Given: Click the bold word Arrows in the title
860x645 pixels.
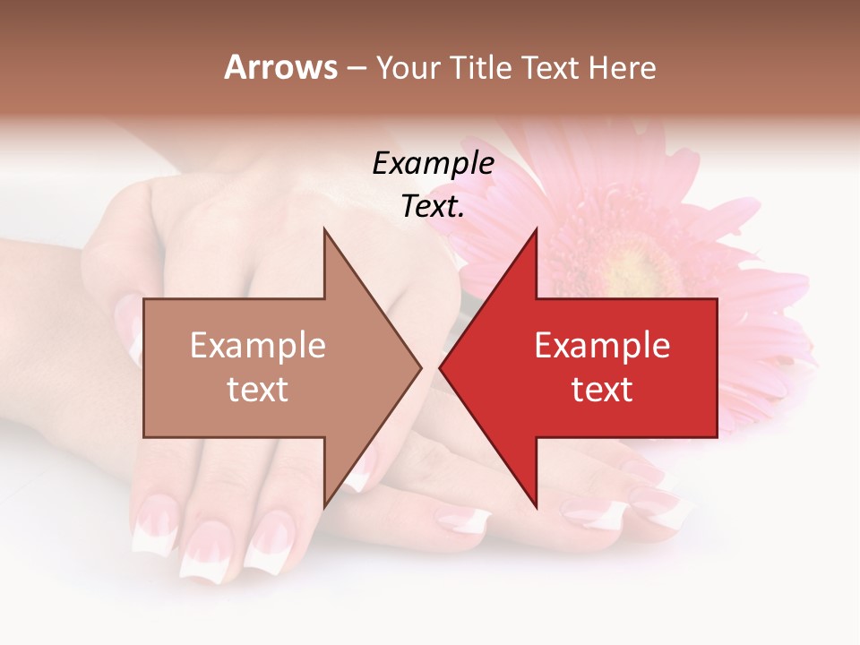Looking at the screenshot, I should [x=280, y=67].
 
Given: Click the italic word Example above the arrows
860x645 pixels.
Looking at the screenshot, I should [x=433, y=164].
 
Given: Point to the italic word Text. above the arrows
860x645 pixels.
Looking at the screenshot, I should [x=433, y=207].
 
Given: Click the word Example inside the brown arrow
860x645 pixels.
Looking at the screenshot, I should [x=258, y=346].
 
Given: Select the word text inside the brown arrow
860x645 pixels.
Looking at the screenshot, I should [x=258, y=390].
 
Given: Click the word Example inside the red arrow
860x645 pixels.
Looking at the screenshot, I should [x=602, y=346].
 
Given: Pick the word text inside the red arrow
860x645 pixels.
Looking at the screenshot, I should [x=602, y=390].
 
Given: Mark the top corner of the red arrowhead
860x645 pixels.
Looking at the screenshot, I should [x=536, y=230].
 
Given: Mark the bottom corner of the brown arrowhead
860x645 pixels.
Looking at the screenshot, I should [x=324, y=504].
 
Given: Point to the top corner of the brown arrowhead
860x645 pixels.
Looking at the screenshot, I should [x=324, y=230].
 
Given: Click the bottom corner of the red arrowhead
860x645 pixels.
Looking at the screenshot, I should [x=536, y=504].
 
